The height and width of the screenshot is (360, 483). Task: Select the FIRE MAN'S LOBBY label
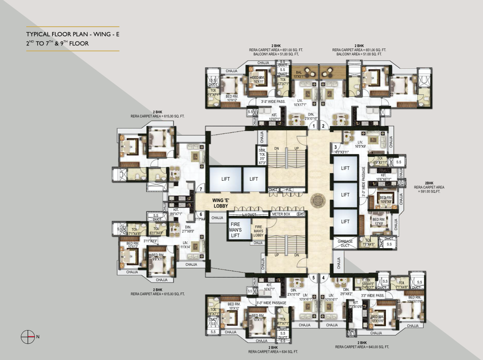point(258,230)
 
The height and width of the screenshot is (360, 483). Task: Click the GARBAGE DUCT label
point(345,244)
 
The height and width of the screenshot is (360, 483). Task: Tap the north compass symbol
point(28,336)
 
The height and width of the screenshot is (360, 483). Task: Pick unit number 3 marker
point(336,147)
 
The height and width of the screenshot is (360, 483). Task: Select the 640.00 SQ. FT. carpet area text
point(362,347)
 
